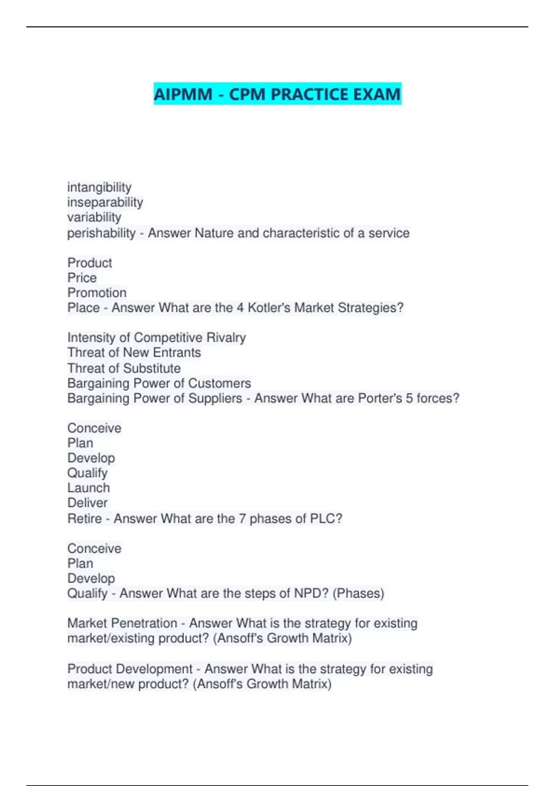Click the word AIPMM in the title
(183, 94)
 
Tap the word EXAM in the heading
(377, 94)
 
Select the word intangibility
(99, 187)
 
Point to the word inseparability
(105, 202)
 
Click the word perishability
(101, 233)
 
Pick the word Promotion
(97, 293)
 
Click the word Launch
(88, 488)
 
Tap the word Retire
(85, 519)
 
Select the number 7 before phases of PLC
(242, 519)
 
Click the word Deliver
(87, 503)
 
